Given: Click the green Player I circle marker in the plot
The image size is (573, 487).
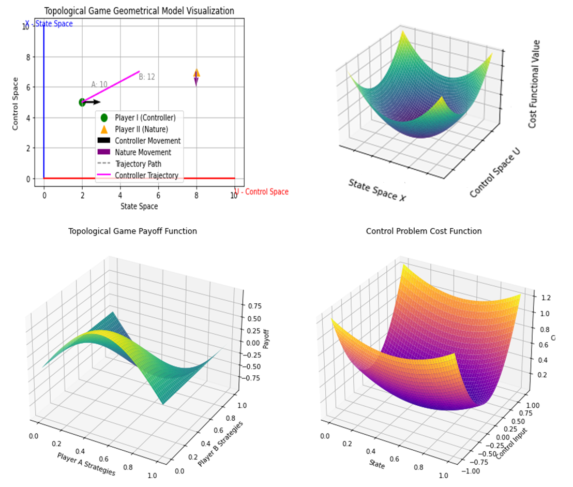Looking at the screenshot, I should pos(82,102).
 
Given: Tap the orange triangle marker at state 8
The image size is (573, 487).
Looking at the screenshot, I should pos(197,73).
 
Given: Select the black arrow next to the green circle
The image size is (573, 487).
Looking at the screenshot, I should pos(93,102).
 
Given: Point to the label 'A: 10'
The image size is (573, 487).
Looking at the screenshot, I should pos(99,84).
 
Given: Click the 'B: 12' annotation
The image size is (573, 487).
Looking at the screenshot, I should pos(147,77).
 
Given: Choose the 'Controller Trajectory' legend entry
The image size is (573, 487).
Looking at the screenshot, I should pos(146,175).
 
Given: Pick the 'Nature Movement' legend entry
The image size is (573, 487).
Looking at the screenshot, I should pos(143,152).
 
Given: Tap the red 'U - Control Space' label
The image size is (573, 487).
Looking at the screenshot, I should pos(262,192).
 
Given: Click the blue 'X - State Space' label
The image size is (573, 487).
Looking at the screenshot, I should pos(49,24).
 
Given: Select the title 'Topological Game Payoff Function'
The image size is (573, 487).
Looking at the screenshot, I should pos(132,231).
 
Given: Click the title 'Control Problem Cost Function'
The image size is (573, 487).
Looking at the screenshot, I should pos(424,231).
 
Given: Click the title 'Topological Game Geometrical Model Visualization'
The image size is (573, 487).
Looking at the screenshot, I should pos(139,11).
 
